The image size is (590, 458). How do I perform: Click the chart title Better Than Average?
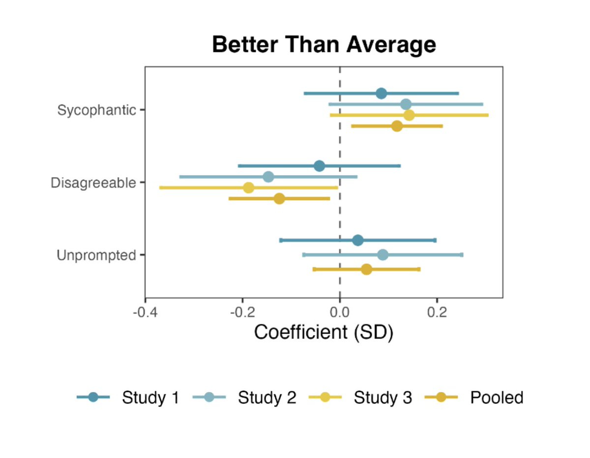pyautogui.click(x=324, y=45)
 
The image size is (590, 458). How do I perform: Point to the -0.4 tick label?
pyautogui.click(x=145, y=313)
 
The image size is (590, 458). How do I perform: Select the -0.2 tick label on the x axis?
pyautogui.click(x=242, y=313)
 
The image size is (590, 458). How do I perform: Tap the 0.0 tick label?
pyautogui.click(x=340, y=313)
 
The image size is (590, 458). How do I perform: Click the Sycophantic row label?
pyautogui.click(x=96, y=110)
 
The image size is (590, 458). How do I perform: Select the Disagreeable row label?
pyautogui.click(x=93, y=183)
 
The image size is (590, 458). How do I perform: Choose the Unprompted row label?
pyautogui.click(x=96, y=256)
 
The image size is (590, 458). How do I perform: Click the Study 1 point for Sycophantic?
pyautogui.click(x=381, y=93)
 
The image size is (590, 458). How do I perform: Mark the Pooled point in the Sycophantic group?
pyautogui.click(x=397, y=126)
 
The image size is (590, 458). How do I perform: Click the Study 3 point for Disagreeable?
pyautogui.click(x=249, y=188)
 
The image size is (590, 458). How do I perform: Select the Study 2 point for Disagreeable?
pyautogui.click(x=268, y=177)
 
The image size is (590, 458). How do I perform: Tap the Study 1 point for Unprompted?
pyautogui.click(x=358, y=241)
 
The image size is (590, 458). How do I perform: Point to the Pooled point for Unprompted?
pyautogui.click(x=366, y=270)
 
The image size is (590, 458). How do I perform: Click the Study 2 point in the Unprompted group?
pyautogui.click(x=383, y=255)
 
